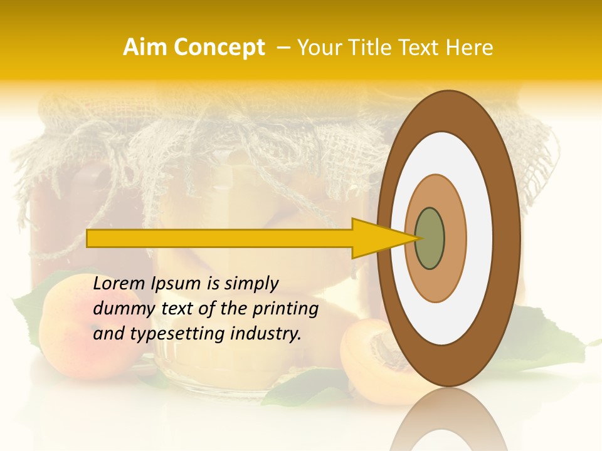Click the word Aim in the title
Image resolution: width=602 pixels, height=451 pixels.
click(x=146, y=48)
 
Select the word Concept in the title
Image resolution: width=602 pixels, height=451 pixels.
click(x=219, y=48)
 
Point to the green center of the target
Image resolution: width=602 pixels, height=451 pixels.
click(x=430, y=238)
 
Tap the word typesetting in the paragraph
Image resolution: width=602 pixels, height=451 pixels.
click(x=176, y=334)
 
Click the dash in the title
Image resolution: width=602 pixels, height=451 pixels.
click(x=283, y=48)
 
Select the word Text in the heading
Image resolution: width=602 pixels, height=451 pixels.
click(x=421, y=48)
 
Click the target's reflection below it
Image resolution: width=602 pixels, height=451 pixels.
click(x=448, y=423)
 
